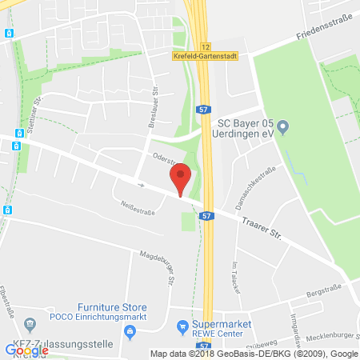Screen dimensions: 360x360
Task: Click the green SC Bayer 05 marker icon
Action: pyautogui.click(x=281, y=125)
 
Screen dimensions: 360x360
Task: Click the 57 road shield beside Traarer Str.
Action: pyautogui.click(x=206, y=215)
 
